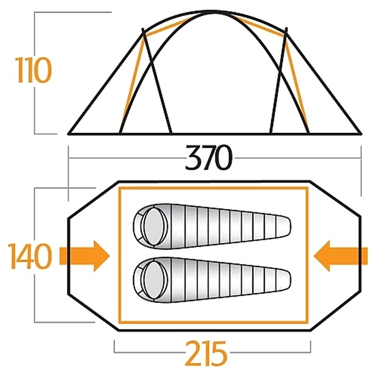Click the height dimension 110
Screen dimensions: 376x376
pos(33,70)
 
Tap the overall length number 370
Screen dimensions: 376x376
pos(209,157)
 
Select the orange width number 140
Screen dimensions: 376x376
pos(30,256)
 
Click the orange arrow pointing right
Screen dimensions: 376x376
pos(85,256)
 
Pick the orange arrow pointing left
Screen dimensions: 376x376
pos(340,256)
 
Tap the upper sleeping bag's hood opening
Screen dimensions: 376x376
pos(154,227)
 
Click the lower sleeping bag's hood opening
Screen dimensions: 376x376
pos(154,280)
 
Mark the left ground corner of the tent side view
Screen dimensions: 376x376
pos(69,133)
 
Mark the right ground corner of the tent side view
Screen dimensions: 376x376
pos(360,133)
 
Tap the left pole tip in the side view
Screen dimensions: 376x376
pos(143,29)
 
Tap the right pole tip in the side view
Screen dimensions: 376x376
pos(286,29)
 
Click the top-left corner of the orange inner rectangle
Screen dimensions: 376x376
pos(120,188)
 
